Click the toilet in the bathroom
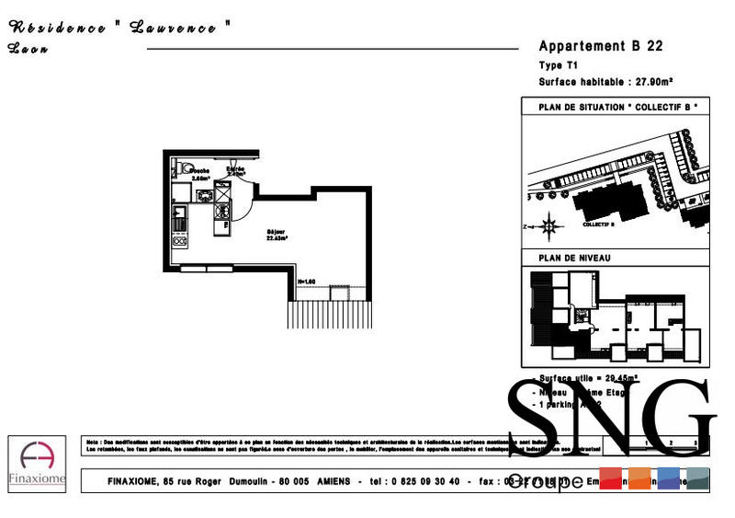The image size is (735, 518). (x=183, y=167)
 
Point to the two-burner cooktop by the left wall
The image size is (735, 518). (x=180, y=240)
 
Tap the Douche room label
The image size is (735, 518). (x=200, y=172)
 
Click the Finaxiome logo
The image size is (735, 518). (x=37, y=464)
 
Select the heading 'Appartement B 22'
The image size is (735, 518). (x=600, y=46)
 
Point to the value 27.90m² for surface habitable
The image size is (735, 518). (x=655, y=81)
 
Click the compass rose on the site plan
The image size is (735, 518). (x=549, y=224)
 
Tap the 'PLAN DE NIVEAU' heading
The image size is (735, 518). (x=574, y=259)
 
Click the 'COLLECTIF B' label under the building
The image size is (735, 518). (x=598, y=224)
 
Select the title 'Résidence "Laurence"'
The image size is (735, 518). (x=119, y=28)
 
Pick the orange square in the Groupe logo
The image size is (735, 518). (x=640, y=479)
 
